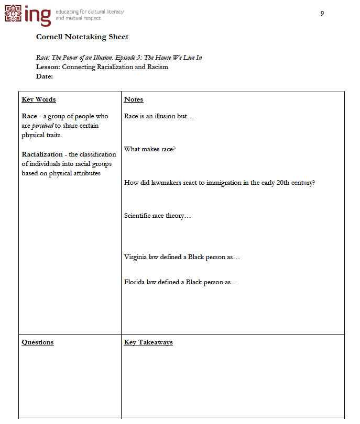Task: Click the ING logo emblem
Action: [x=14, y=14]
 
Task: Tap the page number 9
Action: [x=322, y=13]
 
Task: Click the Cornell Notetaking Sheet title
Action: [x=82, y=37]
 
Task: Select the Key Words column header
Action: [x=39, y=99]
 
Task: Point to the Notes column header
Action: [x=134, y=99]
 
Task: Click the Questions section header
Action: [x=38, y=342]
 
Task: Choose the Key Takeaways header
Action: [x=148, y=342]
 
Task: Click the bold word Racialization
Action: [x=43, y=154]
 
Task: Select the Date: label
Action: [x=45, y=76]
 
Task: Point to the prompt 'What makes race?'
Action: [x=150, y=149]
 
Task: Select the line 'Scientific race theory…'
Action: [x=157, y=216]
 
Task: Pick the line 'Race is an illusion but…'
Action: [x=159, y=116]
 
